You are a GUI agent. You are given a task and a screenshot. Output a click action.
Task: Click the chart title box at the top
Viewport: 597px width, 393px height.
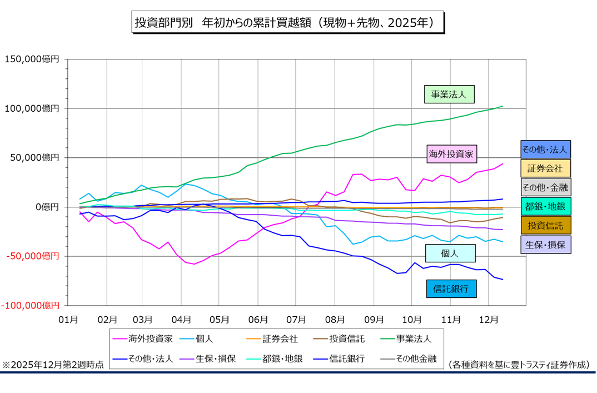[x=288, y=23]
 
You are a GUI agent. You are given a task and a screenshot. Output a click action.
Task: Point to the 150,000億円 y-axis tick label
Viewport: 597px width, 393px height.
[x=32, y=59]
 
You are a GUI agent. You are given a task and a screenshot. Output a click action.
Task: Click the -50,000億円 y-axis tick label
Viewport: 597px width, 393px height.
[x=32, y=256]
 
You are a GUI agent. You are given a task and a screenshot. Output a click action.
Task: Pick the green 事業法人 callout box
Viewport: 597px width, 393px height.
[x=449, y=94]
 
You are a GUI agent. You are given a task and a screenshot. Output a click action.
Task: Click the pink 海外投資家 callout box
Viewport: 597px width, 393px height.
[x=454, y=153]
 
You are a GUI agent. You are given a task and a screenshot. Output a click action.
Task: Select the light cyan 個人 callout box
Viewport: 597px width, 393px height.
[x=450, y=253]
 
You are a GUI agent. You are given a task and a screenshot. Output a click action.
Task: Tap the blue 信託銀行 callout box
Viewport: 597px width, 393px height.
[x=451, y=288]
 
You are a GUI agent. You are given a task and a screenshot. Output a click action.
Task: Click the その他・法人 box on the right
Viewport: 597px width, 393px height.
[x=545, y=149]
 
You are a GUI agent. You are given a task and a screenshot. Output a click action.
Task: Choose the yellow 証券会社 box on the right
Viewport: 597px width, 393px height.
[x=545, y=168]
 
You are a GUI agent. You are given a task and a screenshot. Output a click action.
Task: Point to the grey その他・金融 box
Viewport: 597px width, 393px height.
[x=545, y=187]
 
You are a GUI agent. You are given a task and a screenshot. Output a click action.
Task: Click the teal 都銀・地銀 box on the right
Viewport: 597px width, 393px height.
[x=545, y=206]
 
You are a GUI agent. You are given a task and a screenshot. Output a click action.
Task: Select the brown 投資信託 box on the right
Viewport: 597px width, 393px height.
[x=545, y=225]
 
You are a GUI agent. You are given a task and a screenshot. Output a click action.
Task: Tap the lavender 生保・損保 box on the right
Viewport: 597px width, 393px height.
[x=545, y=244]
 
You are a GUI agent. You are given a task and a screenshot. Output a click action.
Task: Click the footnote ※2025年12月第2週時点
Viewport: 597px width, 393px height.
[x=52, y=365]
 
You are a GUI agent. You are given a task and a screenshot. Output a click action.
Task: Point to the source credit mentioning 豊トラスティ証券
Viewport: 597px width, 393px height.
[x=518, y=365]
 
